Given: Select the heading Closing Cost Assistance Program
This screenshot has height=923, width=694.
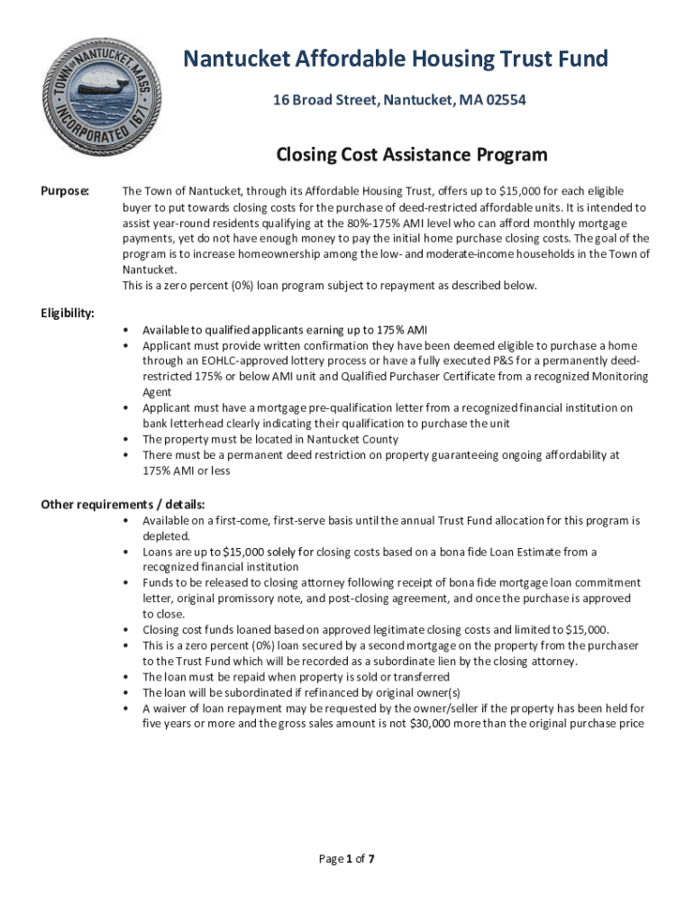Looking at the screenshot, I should [411, 155].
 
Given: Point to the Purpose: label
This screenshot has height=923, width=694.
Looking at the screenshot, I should [65, 191].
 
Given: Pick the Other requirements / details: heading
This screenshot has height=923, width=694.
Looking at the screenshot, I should [123, 504].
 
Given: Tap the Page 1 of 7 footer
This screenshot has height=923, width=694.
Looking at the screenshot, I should [347, 858].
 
